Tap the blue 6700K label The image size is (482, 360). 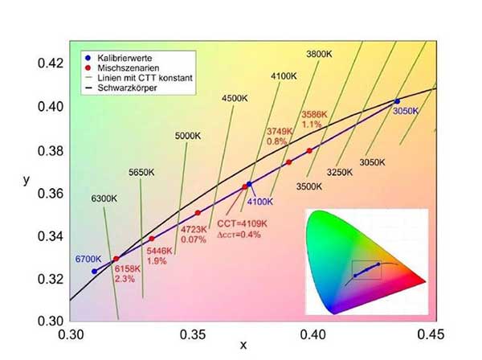88,259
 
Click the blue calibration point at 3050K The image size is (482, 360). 397,101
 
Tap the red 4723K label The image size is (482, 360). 193,229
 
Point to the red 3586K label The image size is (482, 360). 313,114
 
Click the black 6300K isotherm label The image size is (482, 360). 104,198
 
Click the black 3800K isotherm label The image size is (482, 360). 320,54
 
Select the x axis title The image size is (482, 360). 243,347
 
